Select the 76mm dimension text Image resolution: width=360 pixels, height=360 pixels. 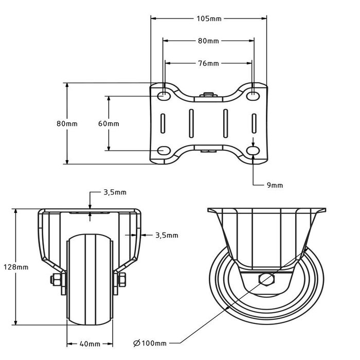[208, 63]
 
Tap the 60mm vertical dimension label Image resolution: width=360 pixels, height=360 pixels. [109, 124]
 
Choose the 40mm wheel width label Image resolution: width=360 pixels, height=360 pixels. [91, 344]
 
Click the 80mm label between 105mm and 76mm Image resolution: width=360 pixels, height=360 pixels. [208, 40]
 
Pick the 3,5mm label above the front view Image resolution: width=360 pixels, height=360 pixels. [115, 193]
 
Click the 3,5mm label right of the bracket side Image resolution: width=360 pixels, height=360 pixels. [166, 235]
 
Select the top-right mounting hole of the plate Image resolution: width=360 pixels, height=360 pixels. [253, 95]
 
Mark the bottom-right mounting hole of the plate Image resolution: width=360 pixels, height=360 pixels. [253, 150]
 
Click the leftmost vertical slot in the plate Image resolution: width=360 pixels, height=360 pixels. [163, 123]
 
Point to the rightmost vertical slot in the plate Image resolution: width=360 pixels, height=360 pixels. [254, 123]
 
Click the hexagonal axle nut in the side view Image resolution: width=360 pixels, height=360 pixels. [266, 280]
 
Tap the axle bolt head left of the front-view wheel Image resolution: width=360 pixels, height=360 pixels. [54, 280]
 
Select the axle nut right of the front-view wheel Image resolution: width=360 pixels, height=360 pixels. [124, 280]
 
